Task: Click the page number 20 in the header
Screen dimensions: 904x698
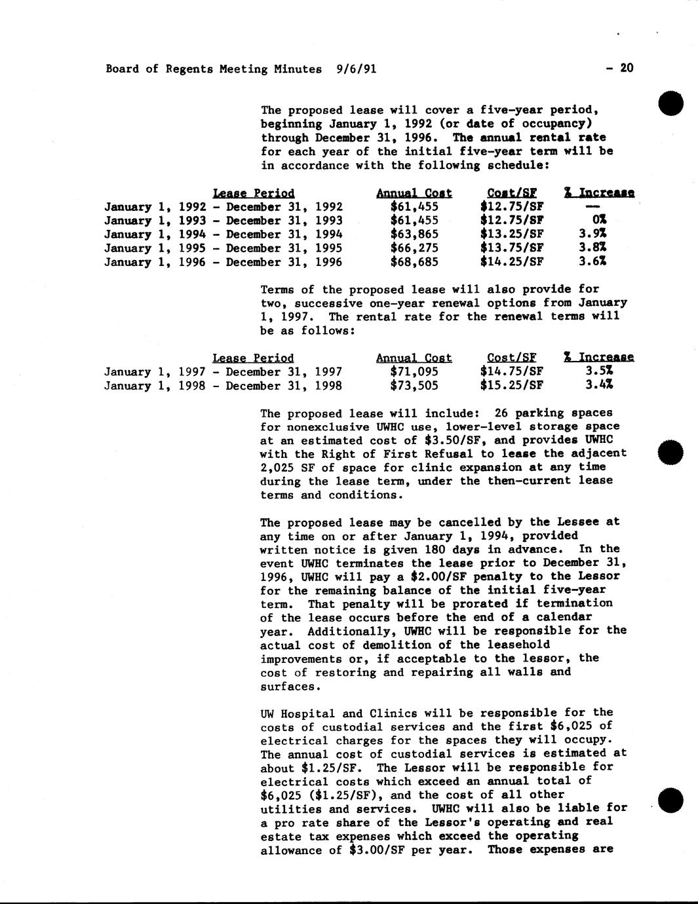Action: (x=627, y=68)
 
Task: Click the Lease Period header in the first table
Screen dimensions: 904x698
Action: (x=254, y=193)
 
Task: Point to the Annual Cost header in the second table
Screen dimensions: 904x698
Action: (x=414, y=358)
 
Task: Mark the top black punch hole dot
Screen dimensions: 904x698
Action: (x=671, y=105)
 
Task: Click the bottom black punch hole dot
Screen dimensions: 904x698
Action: (x=671, y=800)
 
